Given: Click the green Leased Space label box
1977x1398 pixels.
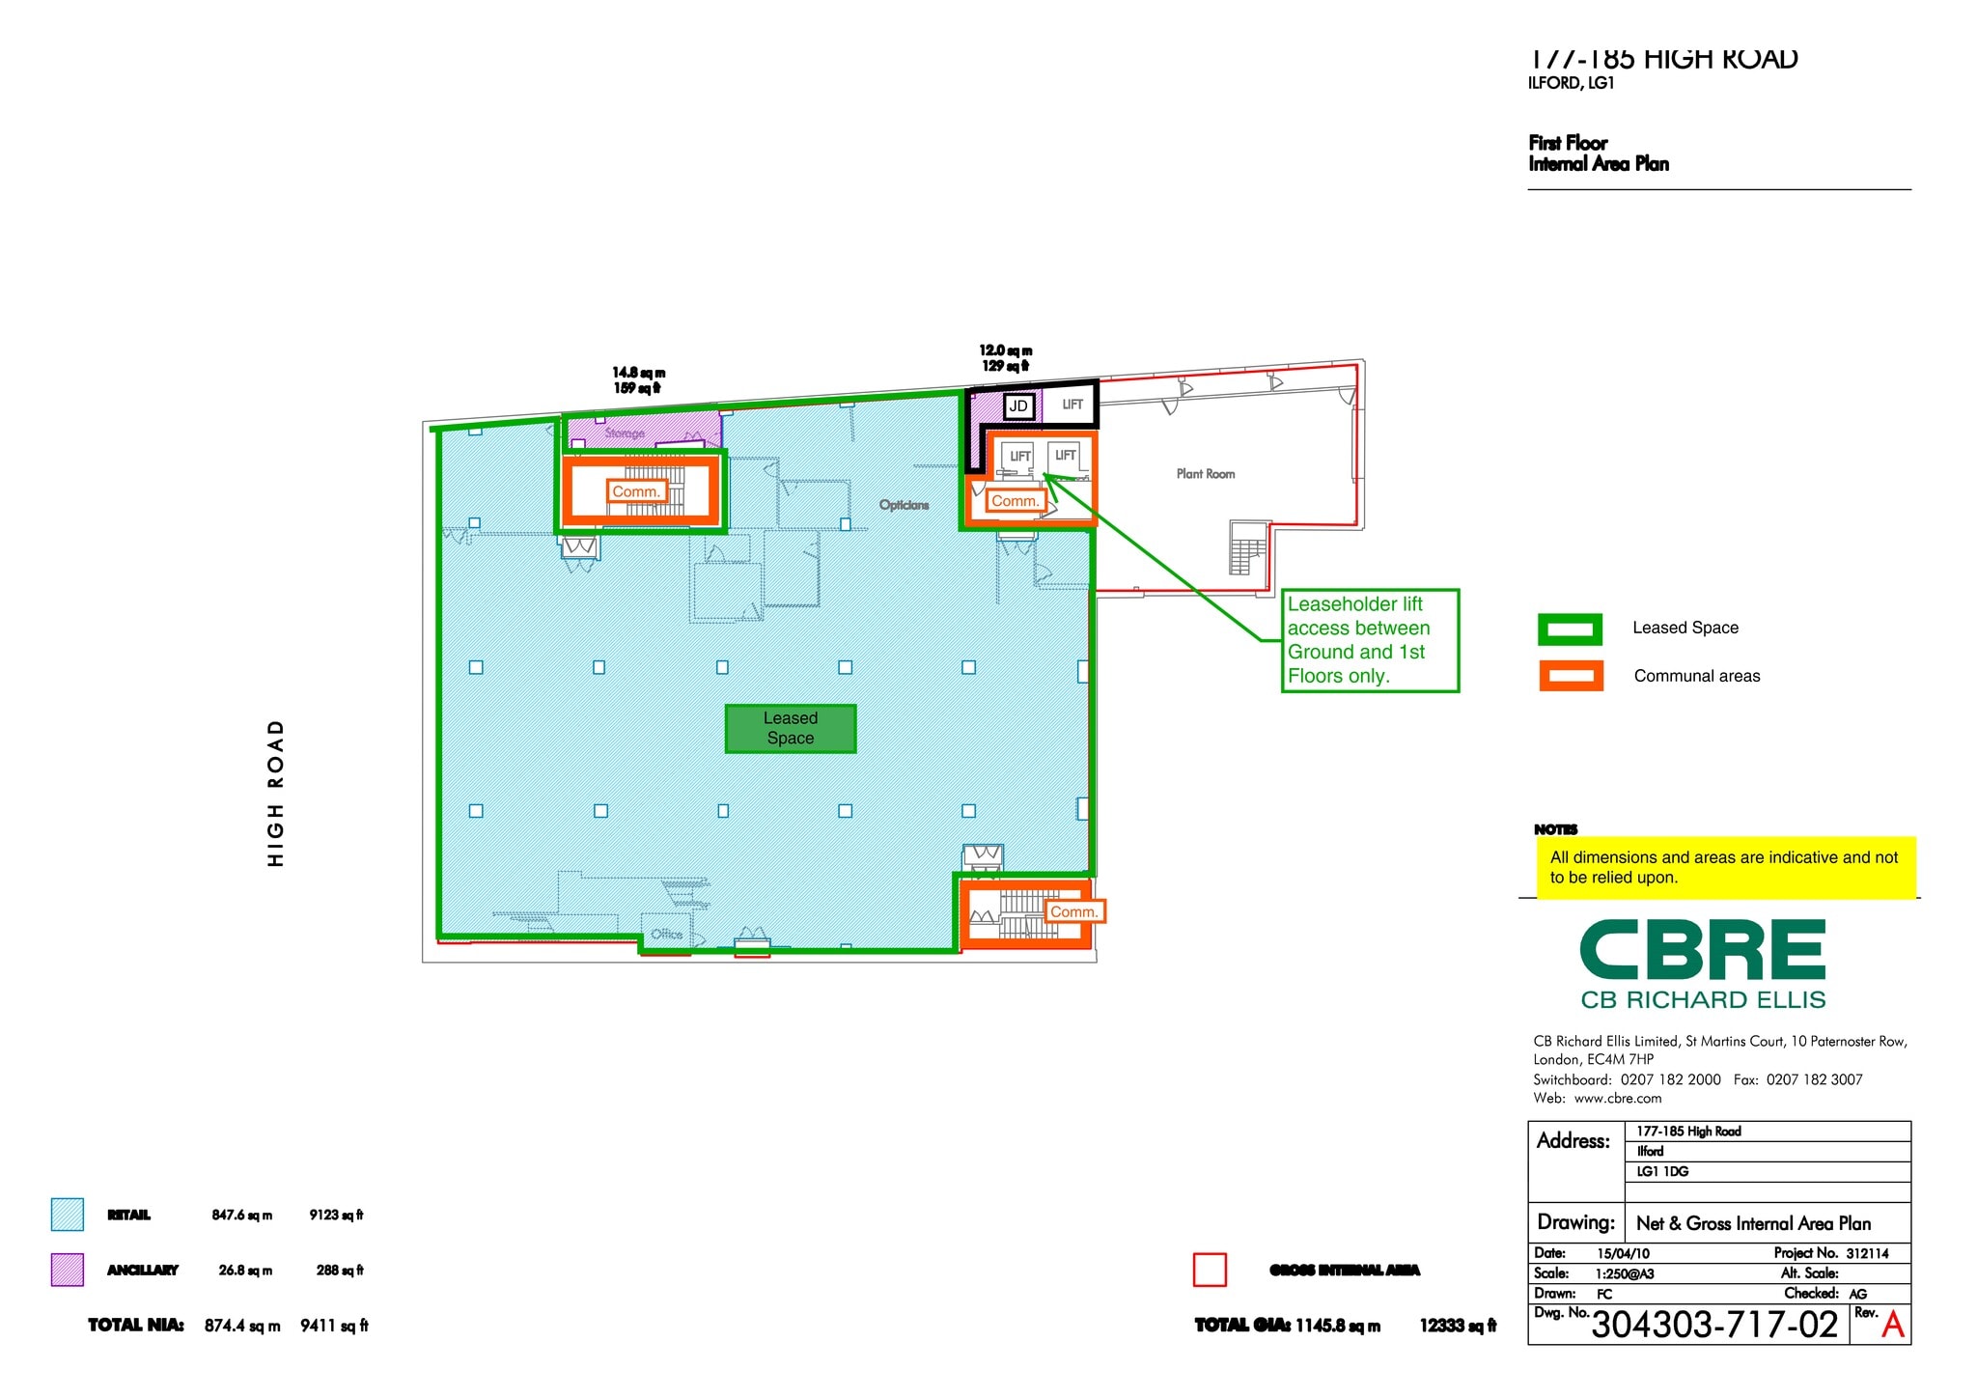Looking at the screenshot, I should tap(790, 728).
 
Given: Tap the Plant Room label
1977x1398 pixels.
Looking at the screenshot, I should tap(1205, 474).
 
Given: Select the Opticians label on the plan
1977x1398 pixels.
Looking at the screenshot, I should tap(904, 505).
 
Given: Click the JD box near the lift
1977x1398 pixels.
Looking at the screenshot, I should tap(1018, 406).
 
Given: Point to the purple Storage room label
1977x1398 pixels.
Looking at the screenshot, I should tap(625, 433).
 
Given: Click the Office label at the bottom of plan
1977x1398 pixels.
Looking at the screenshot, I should tap(666, 934).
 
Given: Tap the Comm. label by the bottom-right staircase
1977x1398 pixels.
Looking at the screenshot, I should tap(1073, 911).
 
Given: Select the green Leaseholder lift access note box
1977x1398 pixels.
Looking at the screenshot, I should tap(1369, 640).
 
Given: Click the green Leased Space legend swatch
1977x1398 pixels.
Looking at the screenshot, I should tap(1570, 629).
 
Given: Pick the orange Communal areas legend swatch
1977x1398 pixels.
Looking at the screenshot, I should tap(1571, 676).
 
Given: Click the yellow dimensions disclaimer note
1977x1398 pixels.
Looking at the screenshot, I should tap(1724, 867).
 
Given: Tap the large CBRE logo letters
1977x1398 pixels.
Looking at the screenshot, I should tap(1703, 950).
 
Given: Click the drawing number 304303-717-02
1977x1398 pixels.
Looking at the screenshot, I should tap(1714, 1325).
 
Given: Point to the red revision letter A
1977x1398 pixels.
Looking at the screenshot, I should tap(1893, 1325).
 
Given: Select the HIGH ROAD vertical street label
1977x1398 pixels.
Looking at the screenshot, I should tap(276, 793).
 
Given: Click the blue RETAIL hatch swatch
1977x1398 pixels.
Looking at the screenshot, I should tap(68, 1215).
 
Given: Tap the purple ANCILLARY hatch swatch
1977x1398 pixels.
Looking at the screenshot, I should tap(68, 1270).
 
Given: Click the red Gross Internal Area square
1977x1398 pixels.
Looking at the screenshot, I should tap(1210, 1270).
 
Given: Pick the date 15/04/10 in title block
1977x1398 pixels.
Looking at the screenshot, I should tap(1623, 1253).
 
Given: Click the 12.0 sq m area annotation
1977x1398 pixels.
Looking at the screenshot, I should tap(1005, 351).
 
